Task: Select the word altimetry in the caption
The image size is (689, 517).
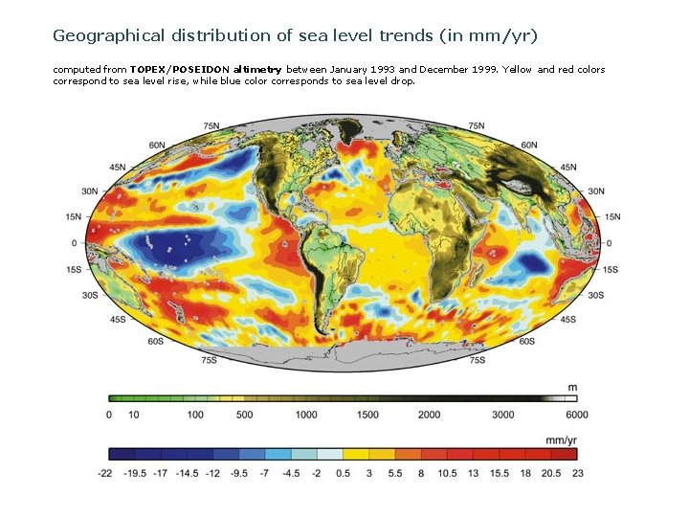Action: pyautogui.click(x=257, y=70)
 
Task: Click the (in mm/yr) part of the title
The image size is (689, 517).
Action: pyautogui.click(x=491, y=35)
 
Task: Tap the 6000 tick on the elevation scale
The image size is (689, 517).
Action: pyautogui.click(x=577, y=415)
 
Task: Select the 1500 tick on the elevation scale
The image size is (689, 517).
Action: pyautogui.click(x=367, y=415)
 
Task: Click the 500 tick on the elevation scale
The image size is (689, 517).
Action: pyautogui.click(x=244, y=415)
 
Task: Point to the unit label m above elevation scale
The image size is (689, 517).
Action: pyautogui.click(x=572, y=387)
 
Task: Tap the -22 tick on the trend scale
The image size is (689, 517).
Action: pyautogui.click(x=106, y=472)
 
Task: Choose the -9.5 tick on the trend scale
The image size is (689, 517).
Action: pyautogui.click(x=238, y=472)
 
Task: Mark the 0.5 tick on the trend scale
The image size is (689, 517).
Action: pyautogui.click(x=343, y=472)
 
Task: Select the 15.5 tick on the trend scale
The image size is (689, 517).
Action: pyautogui.click(x=499, y=472)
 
